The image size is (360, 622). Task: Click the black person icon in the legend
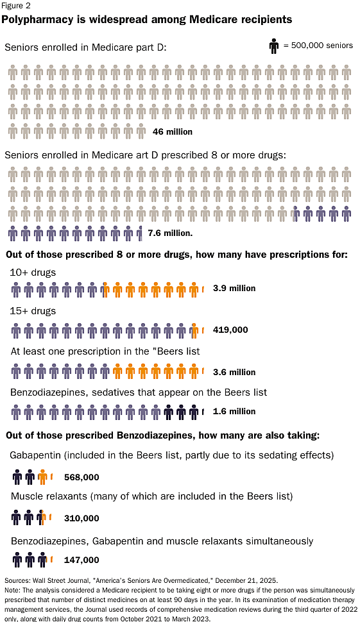(x=274, y=46)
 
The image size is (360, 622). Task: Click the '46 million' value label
(x=173, y=131)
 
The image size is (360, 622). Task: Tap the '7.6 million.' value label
(x=170, y=233)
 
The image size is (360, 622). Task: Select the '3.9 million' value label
(x=234, y=289)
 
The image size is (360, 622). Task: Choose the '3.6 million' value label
(x=234, y=372)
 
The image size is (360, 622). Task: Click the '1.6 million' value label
(x=234, y=412)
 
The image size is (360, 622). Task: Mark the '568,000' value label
(x=81, y=477)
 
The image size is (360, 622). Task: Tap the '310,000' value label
(x=81, y=518)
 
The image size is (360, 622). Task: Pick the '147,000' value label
(x=81, y=560)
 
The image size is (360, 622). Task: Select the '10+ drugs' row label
(x=33, y=273)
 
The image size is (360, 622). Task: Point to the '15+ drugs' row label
(x=33, y=311)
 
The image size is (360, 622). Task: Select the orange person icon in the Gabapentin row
(x=42, y=476)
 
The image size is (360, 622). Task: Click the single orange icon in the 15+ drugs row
(x=194, y=330)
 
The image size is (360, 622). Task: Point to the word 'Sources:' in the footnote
(x=17, y=579)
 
